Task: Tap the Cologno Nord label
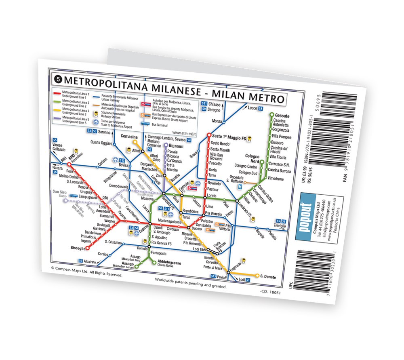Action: click(253, 159)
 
